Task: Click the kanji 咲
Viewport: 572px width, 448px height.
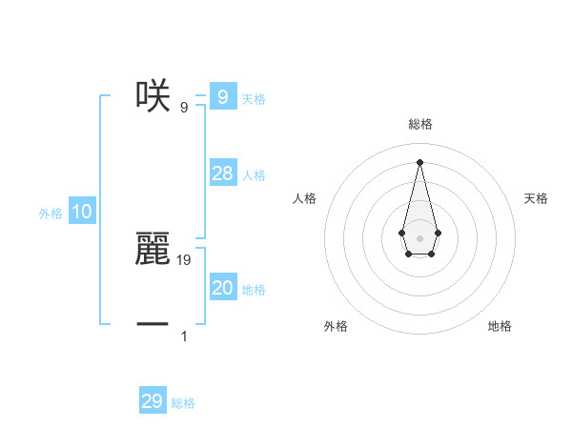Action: pos(153,95)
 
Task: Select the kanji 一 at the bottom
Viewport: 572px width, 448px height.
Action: pos(153,324)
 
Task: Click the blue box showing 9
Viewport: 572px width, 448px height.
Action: pos(222,96)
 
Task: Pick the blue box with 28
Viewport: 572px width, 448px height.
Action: pos(222,173)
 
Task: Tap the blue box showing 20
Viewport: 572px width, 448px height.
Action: pos(222,288)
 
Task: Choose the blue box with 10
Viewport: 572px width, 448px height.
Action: pos(82,213)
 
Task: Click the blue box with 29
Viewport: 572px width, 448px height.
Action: pos(153,401)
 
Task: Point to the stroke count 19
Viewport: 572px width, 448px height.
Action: pos(185,259)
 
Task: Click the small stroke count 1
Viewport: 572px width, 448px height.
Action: pos(184,336)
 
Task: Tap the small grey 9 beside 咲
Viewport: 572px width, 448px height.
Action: pos(184,107)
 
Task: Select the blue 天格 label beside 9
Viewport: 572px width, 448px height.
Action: pos(254,99)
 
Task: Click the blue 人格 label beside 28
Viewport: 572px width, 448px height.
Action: pos(254,175)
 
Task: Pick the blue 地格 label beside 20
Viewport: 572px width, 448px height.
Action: pos(254,290)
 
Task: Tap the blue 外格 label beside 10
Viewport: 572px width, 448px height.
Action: pos(51,214)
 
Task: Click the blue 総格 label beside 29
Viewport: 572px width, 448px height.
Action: pos(183,403)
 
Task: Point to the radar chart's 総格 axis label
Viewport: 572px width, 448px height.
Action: pos(420,124)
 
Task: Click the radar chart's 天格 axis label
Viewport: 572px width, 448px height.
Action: pos(537,198)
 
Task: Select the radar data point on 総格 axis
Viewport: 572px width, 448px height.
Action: pos(419,161)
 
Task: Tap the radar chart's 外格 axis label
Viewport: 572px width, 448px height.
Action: pos(336,326)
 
